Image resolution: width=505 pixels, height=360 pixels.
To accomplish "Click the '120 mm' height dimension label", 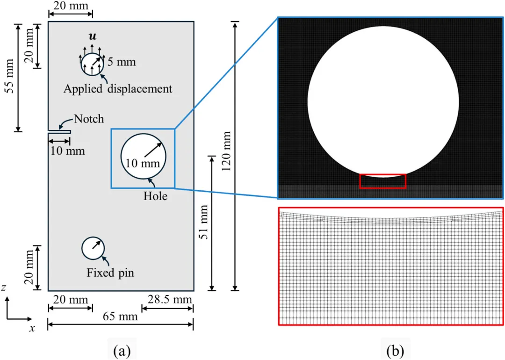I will (227, 156).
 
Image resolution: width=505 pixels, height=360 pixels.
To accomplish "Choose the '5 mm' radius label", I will (122, 62).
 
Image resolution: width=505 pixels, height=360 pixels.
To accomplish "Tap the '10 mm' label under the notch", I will (68, 151).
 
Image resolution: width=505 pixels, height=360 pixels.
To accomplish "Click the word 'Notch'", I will (88, 119).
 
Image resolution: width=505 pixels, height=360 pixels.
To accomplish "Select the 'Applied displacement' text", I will (118, 88).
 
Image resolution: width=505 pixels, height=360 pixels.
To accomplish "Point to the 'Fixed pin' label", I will (110, 273).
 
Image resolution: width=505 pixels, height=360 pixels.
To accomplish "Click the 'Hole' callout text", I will (155, 197).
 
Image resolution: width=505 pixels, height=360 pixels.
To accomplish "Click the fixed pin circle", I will (93, 248).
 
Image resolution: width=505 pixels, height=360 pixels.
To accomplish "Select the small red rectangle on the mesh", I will (382, 181).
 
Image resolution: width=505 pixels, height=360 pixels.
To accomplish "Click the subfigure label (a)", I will (122, 349).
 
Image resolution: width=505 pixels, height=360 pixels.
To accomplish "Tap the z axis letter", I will (4, 288).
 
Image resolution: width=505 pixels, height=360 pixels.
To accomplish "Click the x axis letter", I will (32, 328).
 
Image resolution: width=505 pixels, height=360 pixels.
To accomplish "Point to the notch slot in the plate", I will (59, 132).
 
